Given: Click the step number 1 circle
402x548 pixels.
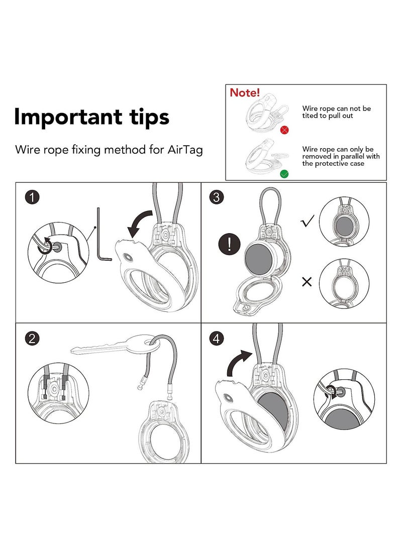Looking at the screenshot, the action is click(x=32, y=197).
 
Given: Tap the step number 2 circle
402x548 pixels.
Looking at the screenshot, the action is click(x=32, y=339).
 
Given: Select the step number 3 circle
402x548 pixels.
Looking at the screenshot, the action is click(x=217, y=197).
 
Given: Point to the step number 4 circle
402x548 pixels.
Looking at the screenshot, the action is click(x=217, y=339).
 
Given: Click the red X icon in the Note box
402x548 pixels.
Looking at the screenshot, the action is click(x=284, y=130).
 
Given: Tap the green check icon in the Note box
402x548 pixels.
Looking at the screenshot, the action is click(x=284, y=174).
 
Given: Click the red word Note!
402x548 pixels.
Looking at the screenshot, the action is click(x=245, y=92).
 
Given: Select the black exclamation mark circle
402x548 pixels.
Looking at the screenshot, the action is click(x=229, y=244).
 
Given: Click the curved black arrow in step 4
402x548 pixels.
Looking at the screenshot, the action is click(x=238, y=362).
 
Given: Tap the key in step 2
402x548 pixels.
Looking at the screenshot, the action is click(x=116, y=346).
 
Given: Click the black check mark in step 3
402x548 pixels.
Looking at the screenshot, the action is click(x=308, y=221).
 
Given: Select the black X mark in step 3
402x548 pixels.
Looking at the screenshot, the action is click(x=307, y=282).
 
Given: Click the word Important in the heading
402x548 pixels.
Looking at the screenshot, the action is click(x=68, y=118).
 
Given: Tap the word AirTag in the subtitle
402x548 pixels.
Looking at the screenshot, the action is click(x=185, y=150).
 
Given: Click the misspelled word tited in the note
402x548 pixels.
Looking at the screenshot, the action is click(x=310, y=116).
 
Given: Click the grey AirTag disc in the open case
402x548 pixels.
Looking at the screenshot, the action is click(x=258, y=258).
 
